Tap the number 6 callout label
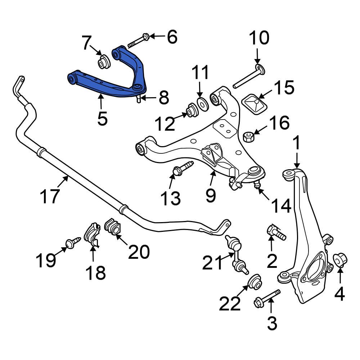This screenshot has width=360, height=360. click(x=172, y=37)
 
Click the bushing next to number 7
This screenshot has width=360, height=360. click(x=105, y=62)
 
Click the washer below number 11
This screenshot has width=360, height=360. click(x=202, y=103)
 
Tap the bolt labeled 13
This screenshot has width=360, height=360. click(x=182, y=168)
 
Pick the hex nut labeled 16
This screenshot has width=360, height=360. click(x=248, y=136)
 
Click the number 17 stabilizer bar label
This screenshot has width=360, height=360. click(x=49, y=197)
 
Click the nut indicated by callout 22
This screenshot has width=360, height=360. click(x=255, y=282)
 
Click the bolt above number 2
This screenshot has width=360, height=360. click(x=276, y=231)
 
